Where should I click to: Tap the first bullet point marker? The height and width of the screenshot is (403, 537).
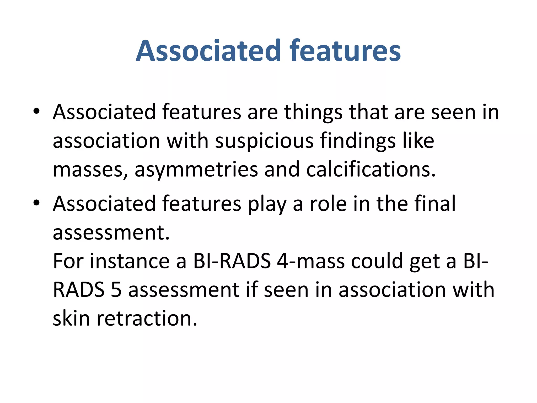click(x=36, y=111)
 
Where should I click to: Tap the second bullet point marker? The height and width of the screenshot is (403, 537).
click(x=36, y=203)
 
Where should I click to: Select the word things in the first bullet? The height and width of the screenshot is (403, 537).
click(x=313, y=112)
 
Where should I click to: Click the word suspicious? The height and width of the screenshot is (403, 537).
click(x=264, y=141)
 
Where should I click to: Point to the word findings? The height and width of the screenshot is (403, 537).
click(x=358, y=141)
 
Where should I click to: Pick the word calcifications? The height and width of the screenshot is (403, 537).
click(x=371, y=169)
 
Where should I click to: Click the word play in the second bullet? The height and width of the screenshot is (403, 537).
click(x=267, y=204)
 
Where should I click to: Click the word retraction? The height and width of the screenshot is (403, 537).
click(x=147, y=318)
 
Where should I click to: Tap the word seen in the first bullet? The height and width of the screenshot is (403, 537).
click(x=453, y=112)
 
